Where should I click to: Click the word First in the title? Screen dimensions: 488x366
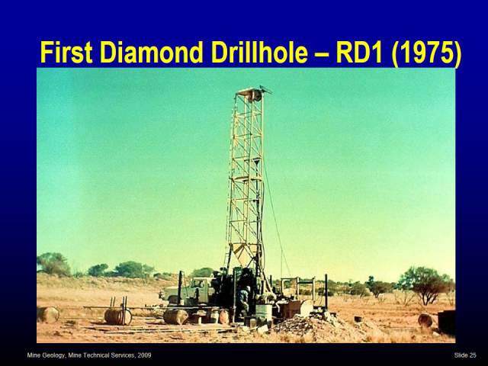pyautogui.click(x=66, y=53)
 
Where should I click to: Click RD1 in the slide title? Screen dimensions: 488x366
pyautogui.click(x=359, y=53)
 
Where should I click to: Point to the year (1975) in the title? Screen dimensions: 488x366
pyautogui.click(x=426, y=53)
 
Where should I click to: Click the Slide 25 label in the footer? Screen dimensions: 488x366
pyautogui.click(x=465, y=355)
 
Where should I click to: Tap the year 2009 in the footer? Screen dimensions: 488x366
pyautogui.click(x=144, y=355)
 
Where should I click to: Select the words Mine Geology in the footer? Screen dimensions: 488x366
pyautogui.click(x=47, y=355)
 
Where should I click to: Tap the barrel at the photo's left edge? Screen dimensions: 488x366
pyautogui.click(x=48, y=314)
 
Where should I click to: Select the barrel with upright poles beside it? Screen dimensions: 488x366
pyautogui.click(x=117, y=316)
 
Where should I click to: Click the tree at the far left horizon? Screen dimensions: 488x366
pyautogui.click(x=53, y=264)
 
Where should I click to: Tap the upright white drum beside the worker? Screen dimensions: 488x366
pyautogui.click(x=264, y=312)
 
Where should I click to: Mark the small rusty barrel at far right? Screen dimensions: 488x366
pyautogui.click(x=425, y=320)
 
